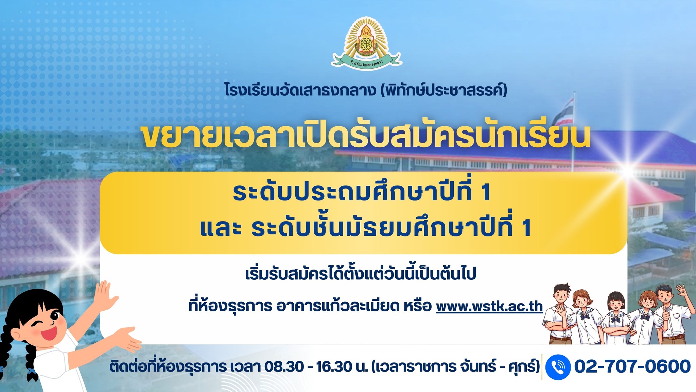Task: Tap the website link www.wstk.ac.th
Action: click(489, 306)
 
